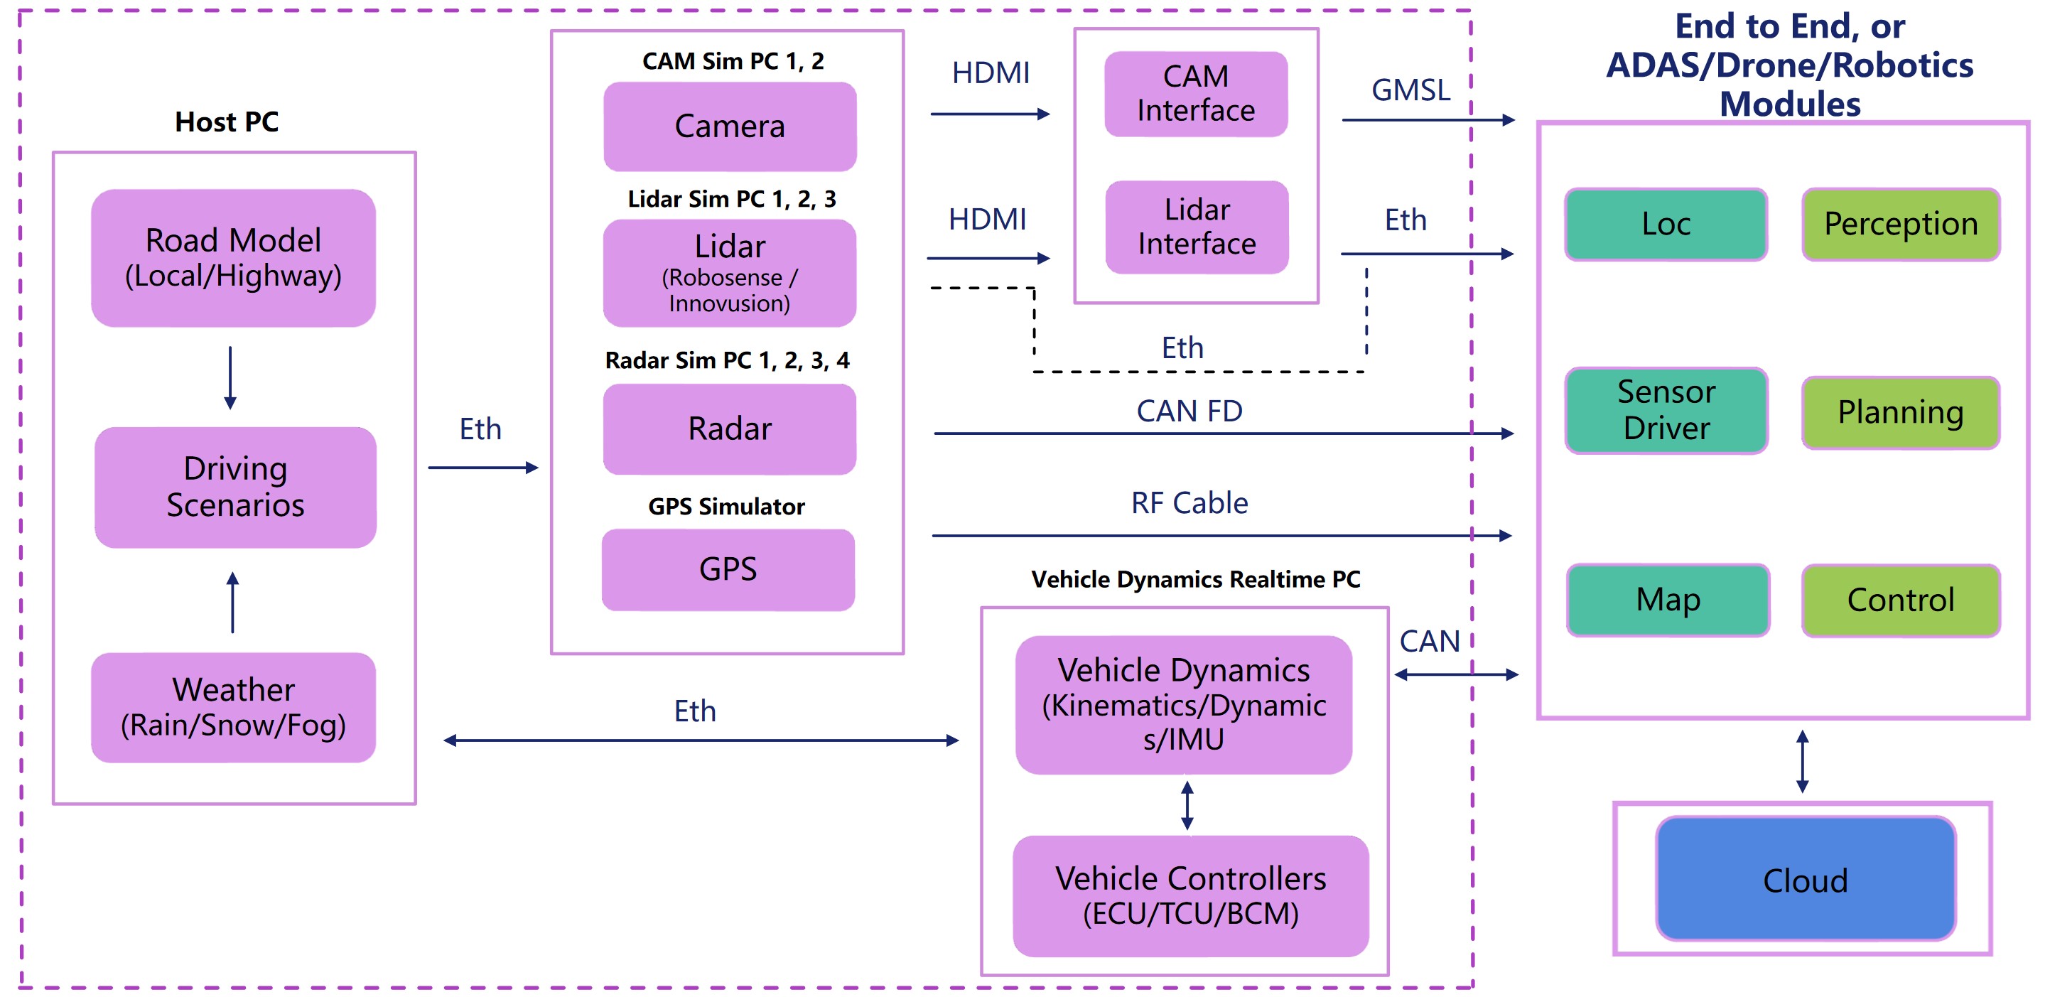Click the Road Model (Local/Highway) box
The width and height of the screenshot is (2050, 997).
click(233, 258)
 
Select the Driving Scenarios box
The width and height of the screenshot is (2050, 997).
click(236, 487)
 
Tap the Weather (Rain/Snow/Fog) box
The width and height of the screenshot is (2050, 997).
click(233, 706)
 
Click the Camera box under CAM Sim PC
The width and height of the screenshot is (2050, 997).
click(730, 126)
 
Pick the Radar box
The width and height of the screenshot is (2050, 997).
click(730, 429)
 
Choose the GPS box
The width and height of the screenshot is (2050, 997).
click(728, 570)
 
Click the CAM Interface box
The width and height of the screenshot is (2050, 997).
click(1195, 94)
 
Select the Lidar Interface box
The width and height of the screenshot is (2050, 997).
click(1196, 227)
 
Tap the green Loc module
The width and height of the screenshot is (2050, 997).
click(1666, 225)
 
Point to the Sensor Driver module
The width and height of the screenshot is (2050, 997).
click(1666, 411)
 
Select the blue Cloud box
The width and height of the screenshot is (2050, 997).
click(1805, 879)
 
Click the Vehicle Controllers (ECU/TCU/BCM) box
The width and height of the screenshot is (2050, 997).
click(1190, 895)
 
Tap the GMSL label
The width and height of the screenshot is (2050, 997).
click(1410, 91)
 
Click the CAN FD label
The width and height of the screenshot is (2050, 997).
click(1189, 411)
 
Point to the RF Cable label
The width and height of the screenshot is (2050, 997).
click(1189, 503)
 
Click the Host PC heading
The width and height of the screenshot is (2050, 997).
click(227, 122)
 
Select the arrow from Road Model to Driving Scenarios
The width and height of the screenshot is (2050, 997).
click(230, 377)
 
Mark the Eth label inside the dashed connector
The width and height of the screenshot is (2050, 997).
click(1182, 348)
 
